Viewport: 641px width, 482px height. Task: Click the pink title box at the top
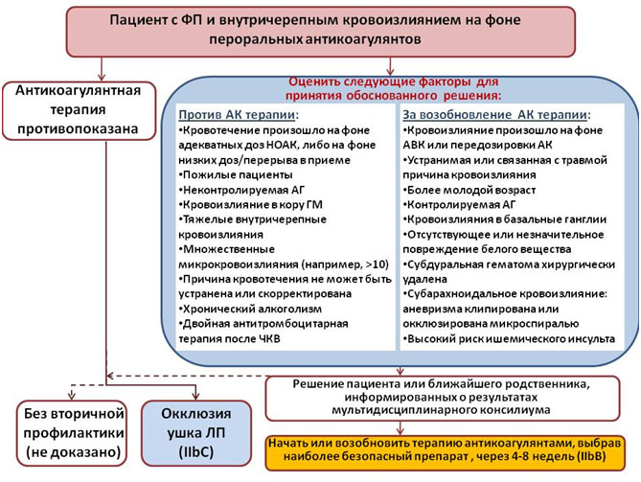[320, 32]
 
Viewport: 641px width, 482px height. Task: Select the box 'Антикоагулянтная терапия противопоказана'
[79, 110]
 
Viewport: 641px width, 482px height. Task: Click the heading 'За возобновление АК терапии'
[496, 115]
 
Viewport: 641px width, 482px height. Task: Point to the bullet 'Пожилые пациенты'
[236, 175]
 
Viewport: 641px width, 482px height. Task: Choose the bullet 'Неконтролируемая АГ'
[241, 190]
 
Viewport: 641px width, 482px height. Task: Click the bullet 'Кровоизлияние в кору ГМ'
[251, 205]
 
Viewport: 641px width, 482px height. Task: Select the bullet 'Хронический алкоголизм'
[250, 309]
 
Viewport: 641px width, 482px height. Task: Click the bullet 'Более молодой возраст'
[469, 190]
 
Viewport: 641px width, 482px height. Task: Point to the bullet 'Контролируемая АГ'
[459, 205]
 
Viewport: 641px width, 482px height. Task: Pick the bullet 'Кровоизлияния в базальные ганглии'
[504, 219]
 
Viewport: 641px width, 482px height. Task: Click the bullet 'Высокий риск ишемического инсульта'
[509, 339]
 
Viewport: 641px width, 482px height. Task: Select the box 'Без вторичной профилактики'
[72, 433]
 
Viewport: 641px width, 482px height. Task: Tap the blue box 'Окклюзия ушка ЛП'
[196, 433]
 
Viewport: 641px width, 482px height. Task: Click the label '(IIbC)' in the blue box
[196, 452]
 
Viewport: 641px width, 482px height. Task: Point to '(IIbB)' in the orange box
[591, 457]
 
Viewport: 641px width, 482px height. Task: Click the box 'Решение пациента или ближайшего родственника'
[443, 399]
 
